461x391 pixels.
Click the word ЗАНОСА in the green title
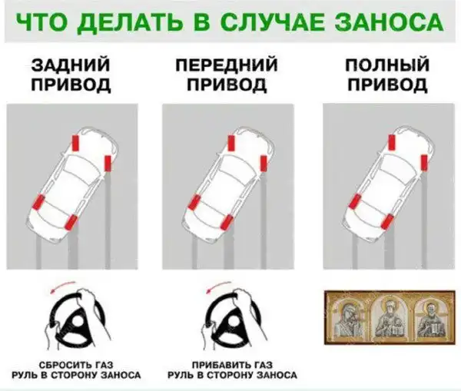(390, 22)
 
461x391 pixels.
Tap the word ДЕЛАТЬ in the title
(130, 22)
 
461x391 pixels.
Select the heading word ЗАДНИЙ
(71, 65)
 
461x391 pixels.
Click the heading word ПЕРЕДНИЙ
(227, 65)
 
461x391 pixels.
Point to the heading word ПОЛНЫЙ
(387, 65)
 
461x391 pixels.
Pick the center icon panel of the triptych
(390, 317)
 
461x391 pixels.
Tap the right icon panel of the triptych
(429, 318)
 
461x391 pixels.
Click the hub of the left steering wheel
(78, 322)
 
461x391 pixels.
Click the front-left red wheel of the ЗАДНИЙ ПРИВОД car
(76, 143)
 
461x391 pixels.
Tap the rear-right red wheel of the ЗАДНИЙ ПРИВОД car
(71, 222)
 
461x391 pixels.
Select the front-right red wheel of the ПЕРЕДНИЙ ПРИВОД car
(264, 163)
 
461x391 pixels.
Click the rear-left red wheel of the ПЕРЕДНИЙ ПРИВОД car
(194, 202)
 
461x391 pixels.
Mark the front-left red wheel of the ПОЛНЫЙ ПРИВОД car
(391, 142)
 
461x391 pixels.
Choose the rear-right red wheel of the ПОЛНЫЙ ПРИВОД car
(387, 221)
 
